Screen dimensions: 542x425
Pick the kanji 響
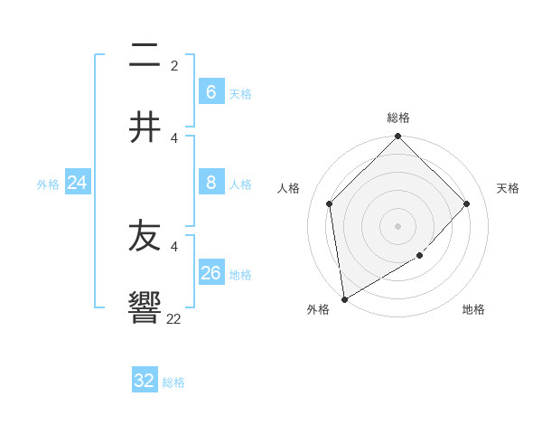pyautogui.click(x=145, y=307)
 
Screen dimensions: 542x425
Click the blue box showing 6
pyautogui.click(x=210, y=91)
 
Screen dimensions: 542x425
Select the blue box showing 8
pyautogui.click(x=210, y=183)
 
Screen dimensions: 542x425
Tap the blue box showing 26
pyautogui.click(x=210, y=273)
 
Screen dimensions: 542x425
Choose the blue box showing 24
pyautogui.click(x=77, y=183)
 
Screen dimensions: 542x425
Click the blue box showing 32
pyautogui.click(x=145, y=381)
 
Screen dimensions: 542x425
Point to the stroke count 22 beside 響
pyautogui.click(x=173, y=318)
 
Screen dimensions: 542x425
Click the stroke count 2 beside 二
pyautogui.click(x=174, y=65)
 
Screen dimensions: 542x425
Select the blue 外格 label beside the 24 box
pyautogui.click(x=48, y=184)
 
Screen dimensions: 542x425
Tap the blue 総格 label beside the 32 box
pyautogui.click(x=173, y=382)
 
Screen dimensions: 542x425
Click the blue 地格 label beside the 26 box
pyautogui.click(x=240, y=275)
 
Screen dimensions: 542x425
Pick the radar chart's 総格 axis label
pyautogui.click(x=398, y=118)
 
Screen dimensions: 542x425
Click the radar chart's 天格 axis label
pyautogui.click(x=508, y=188)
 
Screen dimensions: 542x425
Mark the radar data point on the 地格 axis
pyautogui.click(x=420, y=256)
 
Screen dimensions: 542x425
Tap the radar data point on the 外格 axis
pyautogui.click(x=344, y=299)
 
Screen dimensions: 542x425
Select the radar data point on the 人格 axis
pyautogui.click(x=330, y=203)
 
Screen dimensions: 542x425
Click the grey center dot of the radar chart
pyautogui.click(x=398, y=226)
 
